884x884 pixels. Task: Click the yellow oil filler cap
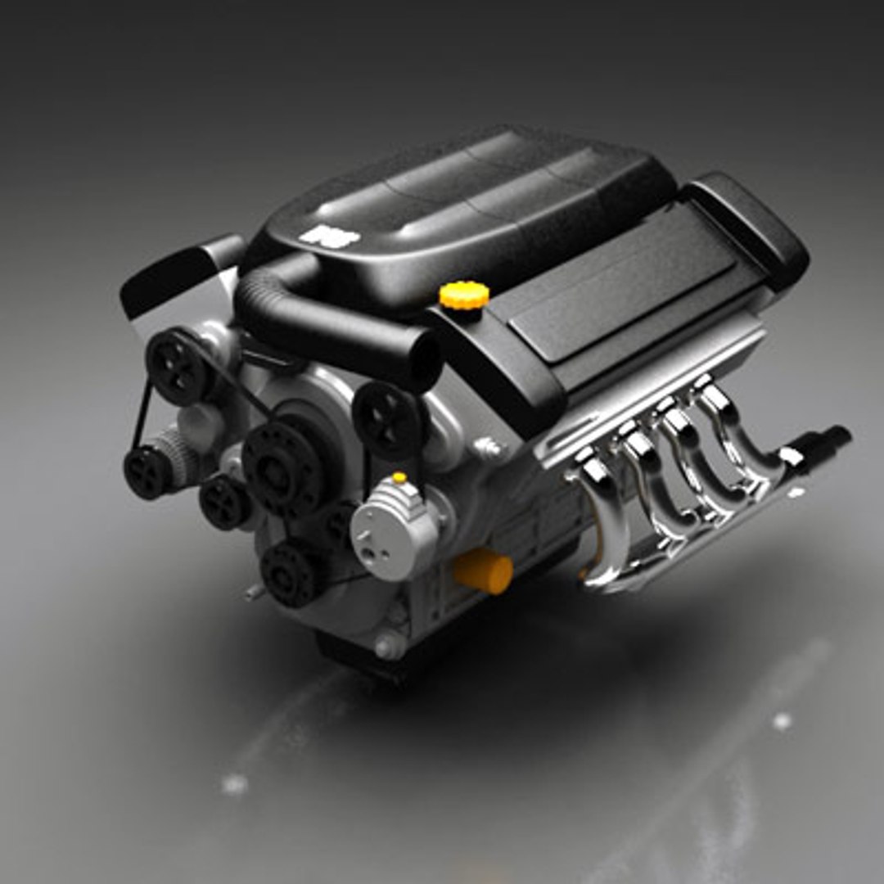click(464, 294)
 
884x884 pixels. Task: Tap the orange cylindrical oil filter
click(484, 570)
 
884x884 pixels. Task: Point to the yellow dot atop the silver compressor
click(399, 477)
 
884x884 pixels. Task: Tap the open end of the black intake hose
click(425, 360)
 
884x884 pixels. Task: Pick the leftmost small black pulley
click(146, 472)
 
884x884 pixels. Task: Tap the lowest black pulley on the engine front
click(291, 573)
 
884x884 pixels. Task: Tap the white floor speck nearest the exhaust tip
click(782, 721)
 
